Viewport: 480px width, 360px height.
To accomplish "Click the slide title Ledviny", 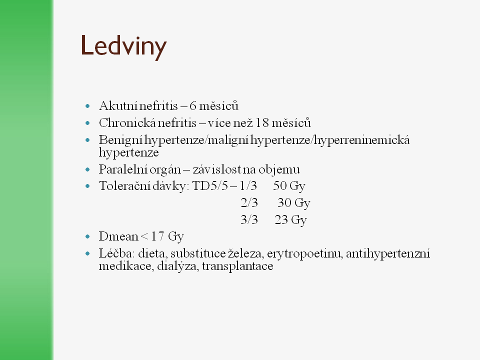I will coord(123,46).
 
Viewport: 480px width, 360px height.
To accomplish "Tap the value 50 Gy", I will coord(289,186).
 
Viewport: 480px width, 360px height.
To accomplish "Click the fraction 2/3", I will coord(248,203).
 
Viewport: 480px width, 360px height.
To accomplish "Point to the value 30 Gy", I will coord(294,203).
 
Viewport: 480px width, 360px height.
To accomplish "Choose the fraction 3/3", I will coord(248,220).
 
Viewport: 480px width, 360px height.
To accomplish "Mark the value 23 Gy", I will coord(290,220).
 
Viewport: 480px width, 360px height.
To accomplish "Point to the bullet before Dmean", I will coord(88,236).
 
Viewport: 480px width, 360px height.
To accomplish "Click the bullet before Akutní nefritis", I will coord(88,106).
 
